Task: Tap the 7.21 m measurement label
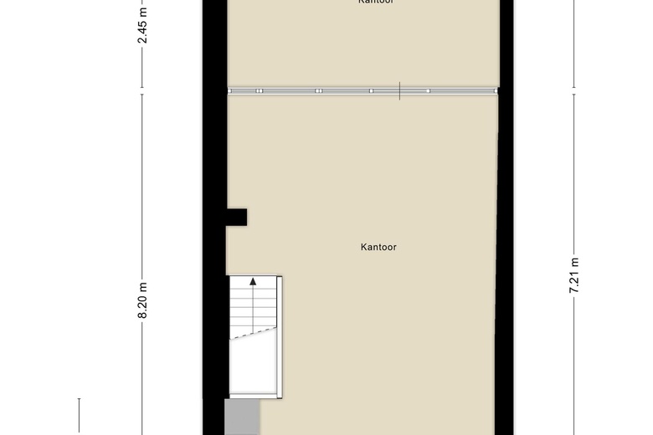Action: point(573,274)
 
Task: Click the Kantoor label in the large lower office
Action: point(378,248)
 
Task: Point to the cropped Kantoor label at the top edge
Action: point(376,3)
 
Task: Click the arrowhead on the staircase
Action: point(254,283)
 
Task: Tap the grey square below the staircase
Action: point(242,416)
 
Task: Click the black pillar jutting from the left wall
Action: point(236,217)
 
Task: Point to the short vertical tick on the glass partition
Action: point(400,90)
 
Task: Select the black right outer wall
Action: point(507,251)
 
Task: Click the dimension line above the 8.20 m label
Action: point(142,184)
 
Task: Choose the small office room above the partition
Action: point(360,42)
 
